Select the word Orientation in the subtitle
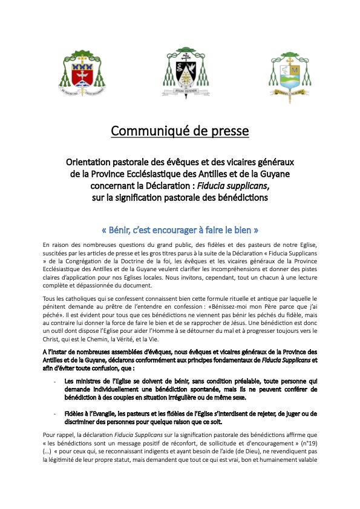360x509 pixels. coord(91,163)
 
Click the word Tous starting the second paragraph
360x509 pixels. coord(51,283)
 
